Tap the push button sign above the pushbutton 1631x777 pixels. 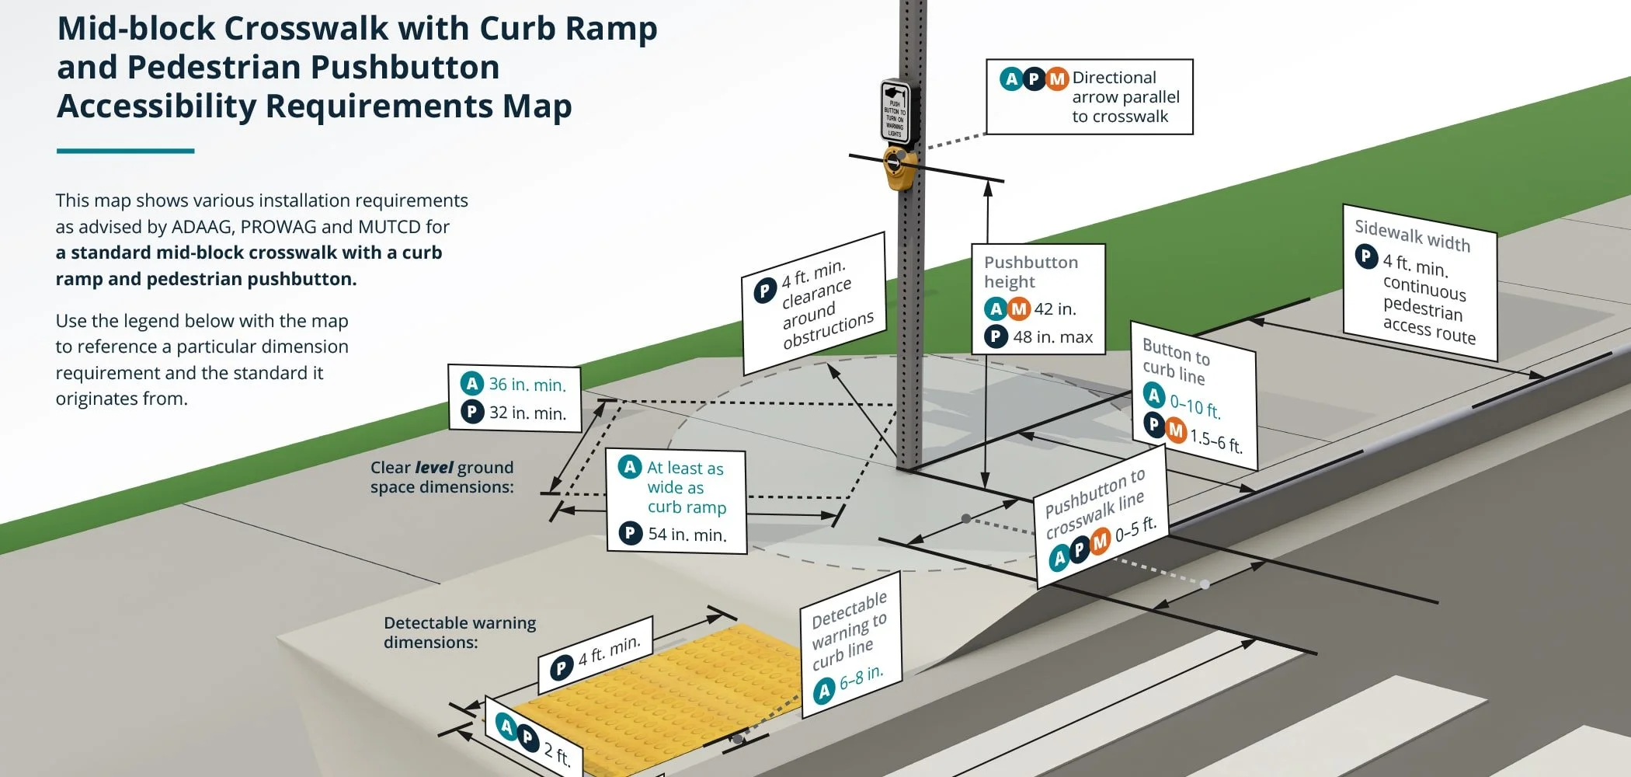[x=895, y=111]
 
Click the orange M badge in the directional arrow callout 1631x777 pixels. [x=1056, y=79]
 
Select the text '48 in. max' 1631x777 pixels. [x=1052, y=337]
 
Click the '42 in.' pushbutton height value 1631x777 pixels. [x=1055, y=309]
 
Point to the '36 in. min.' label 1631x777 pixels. [x=527, y=385]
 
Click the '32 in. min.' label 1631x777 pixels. [x=527, y=413]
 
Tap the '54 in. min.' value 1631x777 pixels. [x=687, y=535]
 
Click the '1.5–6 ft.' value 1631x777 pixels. [x=1215, y=441]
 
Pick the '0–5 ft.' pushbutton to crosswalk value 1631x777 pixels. [x=1135, y=530]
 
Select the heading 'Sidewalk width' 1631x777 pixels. [x=1412, y=235]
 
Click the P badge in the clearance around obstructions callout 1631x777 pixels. [x=764, y=291]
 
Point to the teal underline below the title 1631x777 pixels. [x=125, y=151]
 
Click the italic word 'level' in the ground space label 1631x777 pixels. [x=433, y=468]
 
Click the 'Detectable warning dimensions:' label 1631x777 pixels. [x=459, y=632]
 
